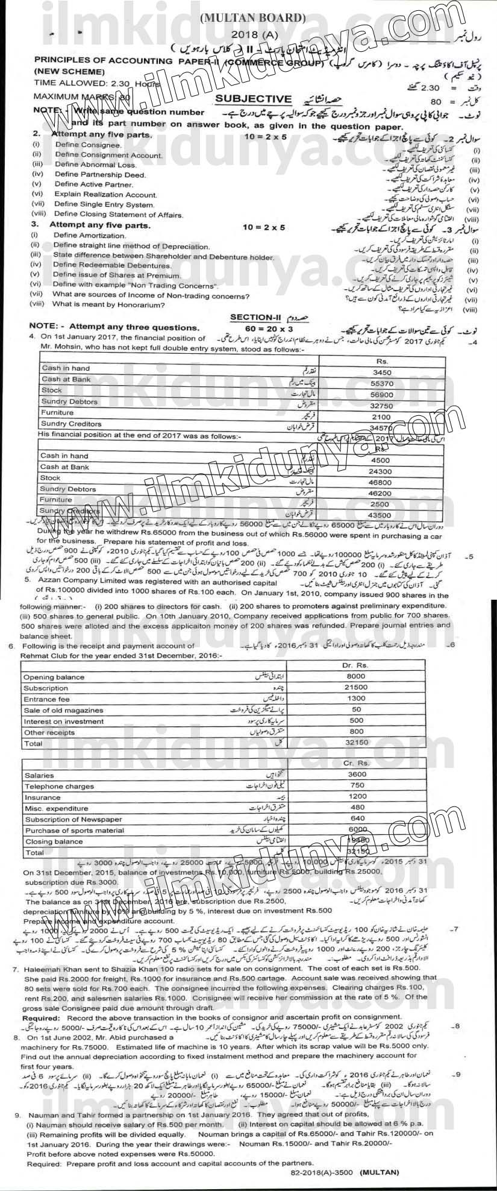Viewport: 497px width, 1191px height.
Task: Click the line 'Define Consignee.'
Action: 87,145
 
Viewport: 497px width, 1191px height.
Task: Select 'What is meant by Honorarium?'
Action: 108,305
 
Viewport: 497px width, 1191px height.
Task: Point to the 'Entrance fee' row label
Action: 46,699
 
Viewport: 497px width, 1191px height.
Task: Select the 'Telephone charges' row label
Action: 52,787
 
